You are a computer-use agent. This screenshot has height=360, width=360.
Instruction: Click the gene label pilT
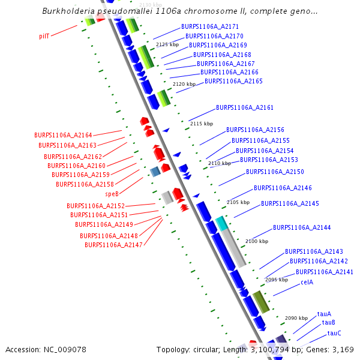coord(44,36)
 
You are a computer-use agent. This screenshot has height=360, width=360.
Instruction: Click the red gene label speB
coord(112,194)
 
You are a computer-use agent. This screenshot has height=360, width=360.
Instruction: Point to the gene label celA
coord(307,282)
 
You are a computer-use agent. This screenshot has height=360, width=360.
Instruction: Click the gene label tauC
coord(334,333)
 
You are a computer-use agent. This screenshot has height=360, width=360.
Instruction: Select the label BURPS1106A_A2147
coord(113,245)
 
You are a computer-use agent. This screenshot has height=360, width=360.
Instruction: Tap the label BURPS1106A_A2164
coord(63,136)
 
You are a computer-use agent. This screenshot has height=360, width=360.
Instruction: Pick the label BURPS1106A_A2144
coord(302,228)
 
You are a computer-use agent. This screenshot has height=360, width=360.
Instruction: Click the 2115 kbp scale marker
coord(202,124)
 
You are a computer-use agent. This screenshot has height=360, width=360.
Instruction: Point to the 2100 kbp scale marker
coord(257,241)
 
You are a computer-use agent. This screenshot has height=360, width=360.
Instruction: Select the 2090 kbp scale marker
coord(296,318)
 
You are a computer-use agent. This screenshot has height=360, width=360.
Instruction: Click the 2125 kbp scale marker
coord(167,44)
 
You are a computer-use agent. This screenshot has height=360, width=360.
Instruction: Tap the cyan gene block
coord(222,224)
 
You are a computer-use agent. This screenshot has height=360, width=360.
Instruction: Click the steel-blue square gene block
coord(155,172)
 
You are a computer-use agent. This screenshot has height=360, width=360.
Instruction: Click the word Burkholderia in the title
coord(73,11)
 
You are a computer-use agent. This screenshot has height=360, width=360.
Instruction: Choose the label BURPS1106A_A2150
coord(275,172)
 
